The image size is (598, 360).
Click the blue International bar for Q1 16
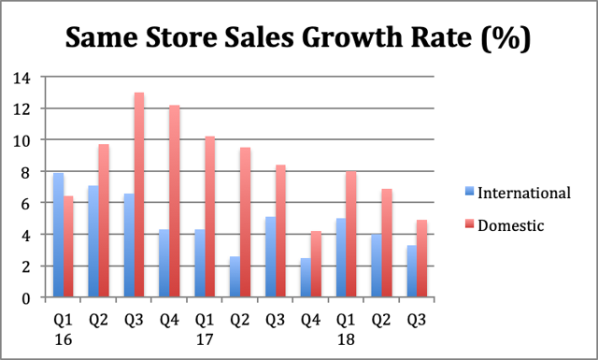click(x=58, y=235)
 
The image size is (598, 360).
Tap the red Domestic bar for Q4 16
click(x=174, y=201)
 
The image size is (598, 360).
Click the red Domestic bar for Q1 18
click(x=351, y=234)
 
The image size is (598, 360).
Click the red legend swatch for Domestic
click(x=469, y=224)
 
